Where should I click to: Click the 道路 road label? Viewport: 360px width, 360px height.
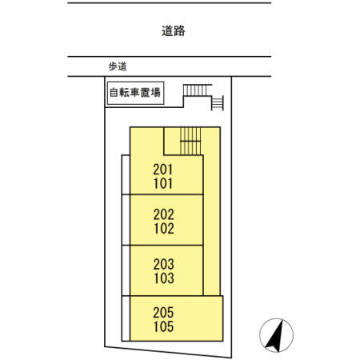click(174, 31)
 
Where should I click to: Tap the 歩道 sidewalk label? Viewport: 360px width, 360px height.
click(118, 66)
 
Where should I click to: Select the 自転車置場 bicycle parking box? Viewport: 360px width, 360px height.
click(135, 93)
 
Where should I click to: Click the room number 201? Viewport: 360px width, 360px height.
click(163, 170)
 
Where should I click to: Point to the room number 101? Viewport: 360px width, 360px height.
click(163, 183)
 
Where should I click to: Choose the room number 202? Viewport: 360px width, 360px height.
click(164, 214)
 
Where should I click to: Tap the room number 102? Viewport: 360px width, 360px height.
click(164, 229)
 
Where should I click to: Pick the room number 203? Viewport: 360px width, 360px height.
click(164, 264)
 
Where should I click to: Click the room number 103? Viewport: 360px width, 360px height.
click(164, 278)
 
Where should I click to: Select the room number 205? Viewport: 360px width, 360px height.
click(163, 313)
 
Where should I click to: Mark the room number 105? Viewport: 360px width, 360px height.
click(163, 326)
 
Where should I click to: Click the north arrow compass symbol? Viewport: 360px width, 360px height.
click(276, 335)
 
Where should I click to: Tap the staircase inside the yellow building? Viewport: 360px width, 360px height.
click(190, 141)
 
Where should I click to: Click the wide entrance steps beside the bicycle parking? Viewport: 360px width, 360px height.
click(198, 90)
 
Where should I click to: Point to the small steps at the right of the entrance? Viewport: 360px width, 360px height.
click(218, 103)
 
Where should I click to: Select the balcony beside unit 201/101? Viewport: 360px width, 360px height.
click(126, 174)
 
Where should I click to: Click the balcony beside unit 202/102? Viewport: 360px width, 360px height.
click(126, 220)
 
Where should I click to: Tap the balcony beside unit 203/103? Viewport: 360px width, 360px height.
click(126, 270)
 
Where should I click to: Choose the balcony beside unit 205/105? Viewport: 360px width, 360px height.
click(126, 318)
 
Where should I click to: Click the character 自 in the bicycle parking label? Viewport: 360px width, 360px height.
click(114, 93)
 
